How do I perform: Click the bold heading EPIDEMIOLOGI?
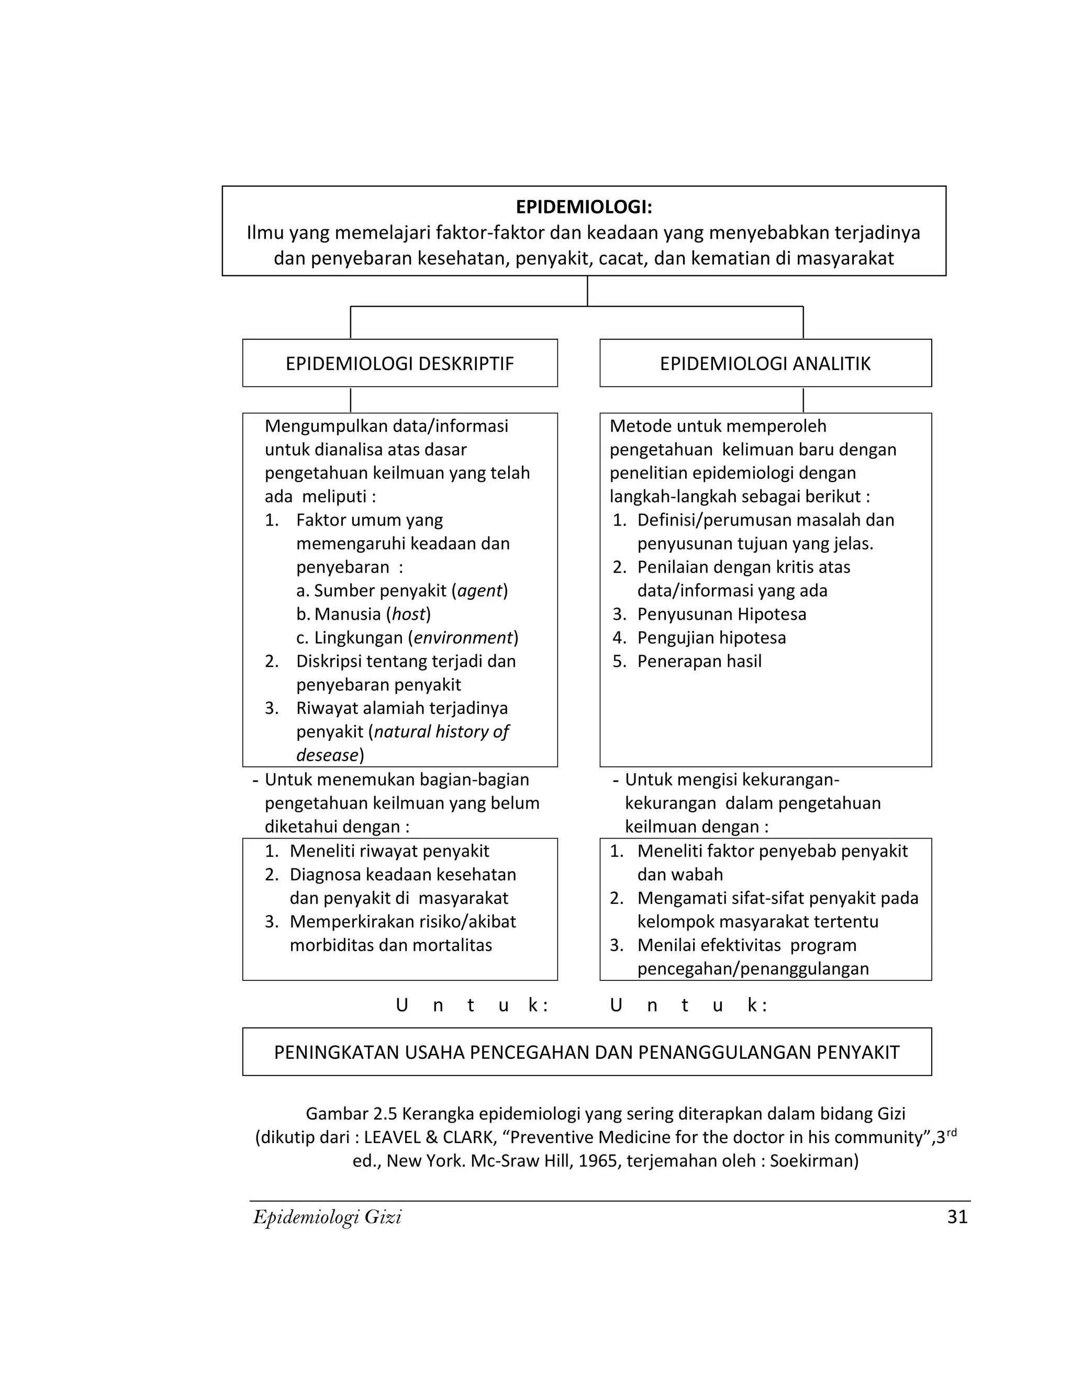pos(584,207)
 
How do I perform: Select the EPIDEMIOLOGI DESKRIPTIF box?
pos(399,363)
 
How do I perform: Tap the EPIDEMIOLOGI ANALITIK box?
pos(765,363)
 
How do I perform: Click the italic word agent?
pos(479,590)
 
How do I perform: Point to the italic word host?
pos(408,614)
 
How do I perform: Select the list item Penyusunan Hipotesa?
pos(721,614)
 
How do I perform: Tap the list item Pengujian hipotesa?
pos(711,637)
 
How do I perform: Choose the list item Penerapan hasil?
pos(699,661)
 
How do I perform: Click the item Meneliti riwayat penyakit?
pos(389,851)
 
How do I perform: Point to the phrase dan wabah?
pos(680,875)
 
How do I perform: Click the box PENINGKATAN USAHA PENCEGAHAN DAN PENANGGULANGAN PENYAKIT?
pos(586,1053)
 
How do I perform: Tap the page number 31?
pos(957,1217)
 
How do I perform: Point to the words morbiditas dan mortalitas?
pos(390,945)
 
